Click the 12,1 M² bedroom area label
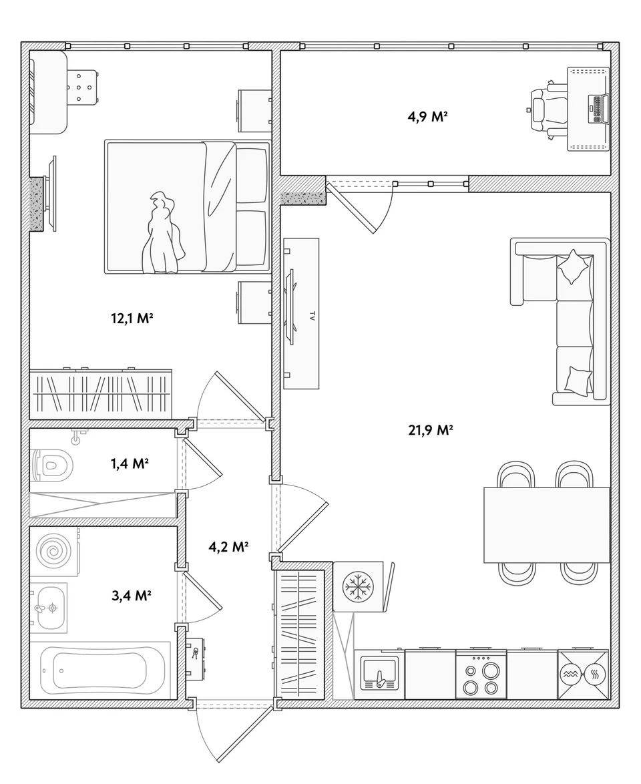tap(132, 318)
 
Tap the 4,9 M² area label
tap(427, 117)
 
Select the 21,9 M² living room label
tap(431, 430)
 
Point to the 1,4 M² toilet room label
tap(130, 464)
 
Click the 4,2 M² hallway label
tap(228, 546)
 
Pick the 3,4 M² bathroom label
tap(131, 596)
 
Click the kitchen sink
tap(379, 674)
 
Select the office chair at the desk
tap(548, 110)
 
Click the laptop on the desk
tap(598, 109)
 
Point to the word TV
tap(312, 315)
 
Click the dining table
tap(547, 524)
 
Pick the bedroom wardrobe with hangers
tap(101, 394)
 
